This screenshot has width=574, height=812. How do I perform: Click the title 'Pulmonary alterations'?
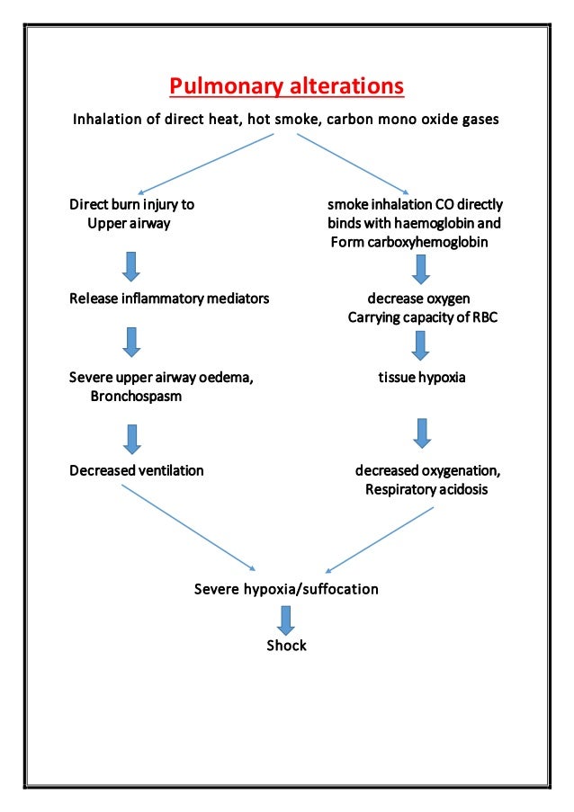pyautogui.click(x=287, y=87)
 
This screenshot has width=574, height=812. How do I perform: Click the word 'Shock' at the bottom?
pyautogui.click(x=286, y=646)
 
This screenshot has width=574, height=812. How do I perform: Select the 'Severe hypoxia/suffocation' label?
pyautogui.click(x=286, y=590)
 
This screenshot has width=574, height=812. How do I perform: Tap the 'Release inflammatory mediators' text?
pyautogui.click(x=169, y=299)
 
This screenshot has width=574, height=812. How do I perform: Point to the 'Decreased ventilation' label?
pyautogui.click(x=137, y=470)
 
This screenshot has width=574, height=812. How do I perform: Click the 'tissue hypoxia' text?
pyautogui.click(x=421, y=378)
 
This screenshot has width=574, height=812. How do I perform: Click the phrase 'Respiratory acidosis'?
pyautogui.click(x=426, y=490)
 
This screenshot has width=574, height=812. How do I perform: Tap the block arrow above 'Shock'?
pyautogui.click(x=286, y=620)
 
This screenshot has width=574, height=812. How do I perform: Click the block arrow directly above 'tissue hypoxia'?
pyautogui.click(x=420, y=345)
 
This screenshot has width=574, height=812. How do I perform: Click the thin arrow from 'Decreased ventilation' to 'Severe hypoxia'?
pyautogui.click(x=189, y=528)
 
